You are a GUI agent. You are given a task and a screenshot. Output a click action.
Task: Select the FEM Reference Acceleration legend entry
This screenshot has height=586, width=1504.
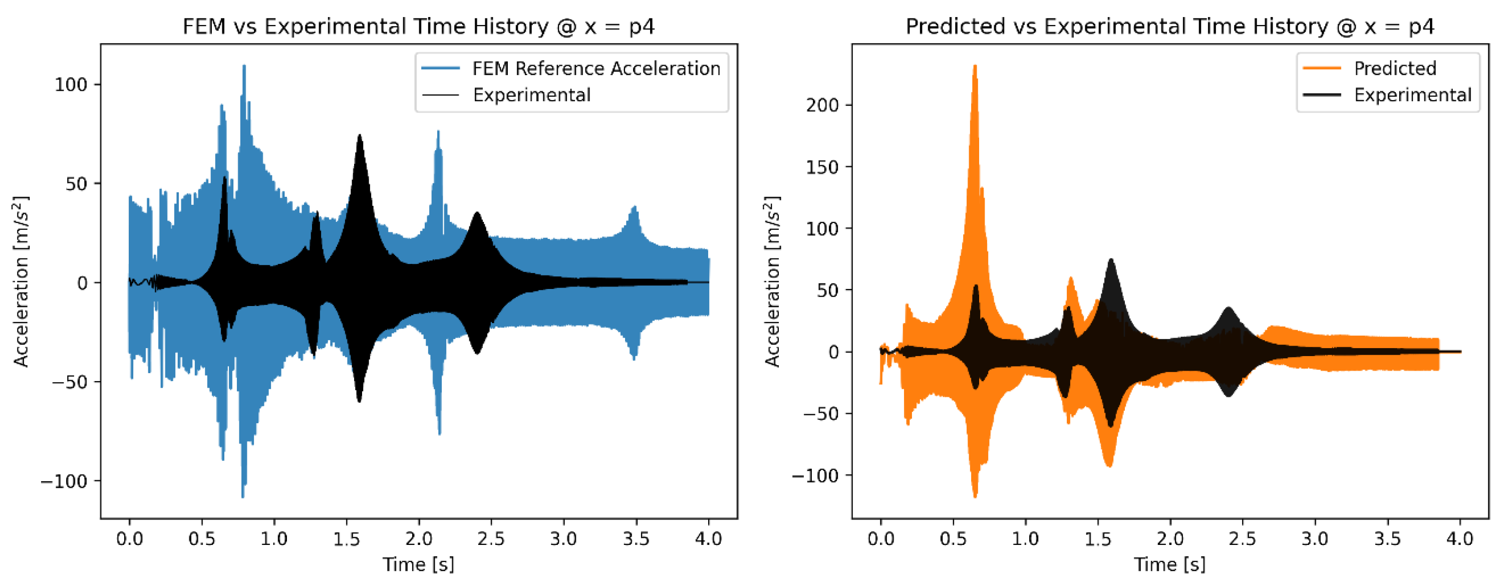(x=595, y=69)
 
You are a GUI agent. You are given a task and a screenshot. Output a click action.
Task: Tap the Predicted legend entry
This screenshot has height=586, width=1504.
(x=1394, y=69)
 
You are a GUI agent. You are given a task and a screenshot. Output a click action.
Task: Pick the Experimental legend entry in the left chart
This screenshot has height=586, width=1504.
(x=531, y=95)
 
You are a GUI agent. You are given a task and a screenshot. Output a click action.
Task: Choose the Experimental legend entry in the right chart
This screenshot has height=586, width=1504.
(x=1412, y=95)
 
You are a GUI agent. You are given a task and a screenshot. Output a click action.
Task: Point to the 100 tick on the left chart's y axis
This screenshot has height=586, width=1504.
(x=71, y=85)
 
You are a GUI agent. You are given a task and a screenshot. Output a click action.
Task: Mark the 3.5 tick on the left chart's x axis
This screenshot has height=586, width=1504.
(x=636, y=538)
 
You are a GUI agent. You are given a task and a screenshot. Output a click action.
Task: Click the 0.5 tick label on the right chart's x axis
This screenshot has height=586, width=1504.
(x=953, y=538)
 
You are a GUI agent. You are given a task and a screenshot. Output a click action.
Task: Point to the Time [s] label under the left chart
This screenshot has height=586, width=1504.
(x=418, y=564)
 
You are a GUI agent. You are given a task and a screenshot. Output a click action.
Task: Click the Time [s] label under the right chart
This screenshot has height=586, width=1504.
(x=1169, y=564)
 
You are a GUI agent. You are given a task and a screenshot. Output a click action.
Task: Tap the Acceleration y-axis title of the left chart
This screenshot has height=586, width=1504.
(x=21, y=281)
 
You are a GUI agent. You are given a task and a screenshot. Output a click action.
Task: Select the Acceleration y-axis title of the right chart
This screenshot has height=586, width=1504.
(x=772, y=281)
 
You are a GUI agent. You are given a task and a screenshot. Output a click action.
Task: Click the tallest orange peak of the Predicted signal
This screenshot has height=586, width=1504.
(x=975, y=68)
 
